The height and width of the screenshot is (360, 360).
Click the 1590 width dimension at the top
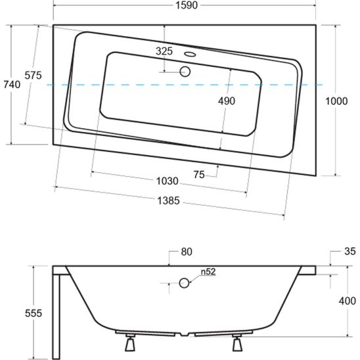[187, 5]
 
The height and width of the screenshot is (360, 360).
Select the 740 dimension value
[12, 85]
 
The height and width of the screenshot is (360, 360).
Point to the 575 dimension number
[34, 76]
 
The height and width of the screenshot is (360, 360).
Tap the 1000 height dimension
[336, 101]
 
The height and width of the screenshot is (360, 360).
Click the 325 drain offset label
[164, 51]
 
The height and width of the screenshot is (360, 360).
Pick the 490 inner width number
[227, 101]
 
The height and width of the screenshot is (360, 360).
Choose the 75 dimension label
[199, 175]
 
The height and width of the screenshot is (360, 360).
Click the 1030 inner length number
[167, 181]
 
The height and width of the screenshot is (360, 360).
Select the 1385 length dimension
[168, 200]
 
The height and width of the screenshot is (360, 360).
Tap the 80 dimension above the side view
[187, 252]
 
